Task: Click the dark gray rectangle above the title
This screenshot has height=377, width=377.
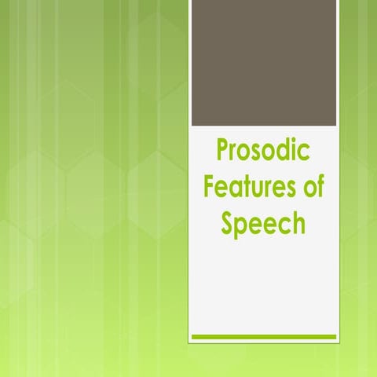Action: click(264, 63)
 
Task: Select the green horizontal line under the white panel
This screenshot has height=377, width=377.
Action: click(264, 336)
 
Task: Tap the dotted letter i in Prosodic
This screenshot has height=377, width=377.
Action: click(294, 150)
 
